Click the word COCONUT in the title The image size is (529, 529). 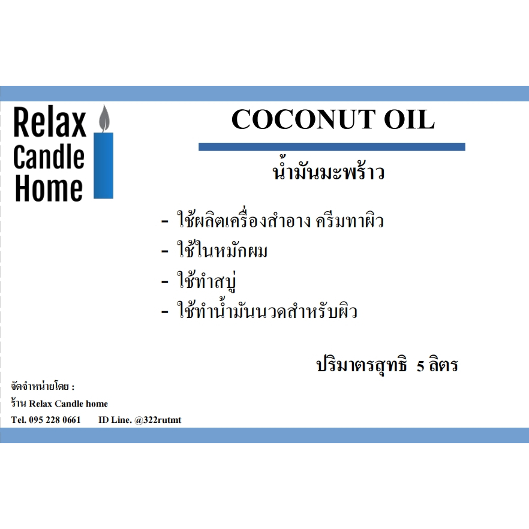pyautogui.click(x=303, y=119)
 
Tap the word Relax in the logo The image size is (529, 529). pyautogui.click(x=50, y=122)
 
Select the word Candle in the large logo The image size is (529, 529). pyautogui.click(x=49, y=157)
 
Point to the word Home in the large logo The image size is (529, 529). pyautogui.click(x=49, y=188)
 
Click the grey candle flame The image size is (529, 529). pyautogui.click(x=104, y=118)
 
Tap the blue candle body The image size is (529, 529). pyautogui.click(x=104, y=166)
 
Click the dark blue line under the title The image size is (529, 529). pyautogui.click(x=332, y=147)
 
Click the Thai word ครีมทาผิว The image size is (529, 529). pyautogui.click(x=350, y=221)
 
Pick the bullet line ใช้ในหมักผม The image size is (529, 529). pyautogui.click(x=223, y=250)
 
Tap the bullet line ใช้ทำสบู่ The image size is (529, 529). pyautogui.click(x=206, y=280)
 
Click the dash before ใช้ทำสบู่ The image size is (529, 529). pyautogui.click(x=164, y=282)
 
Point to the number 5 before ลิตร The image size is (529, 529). pyautogui.click(x=420, y=366)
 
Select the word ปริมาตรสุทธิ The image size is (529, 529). pyautogui.click(x=362, y=365)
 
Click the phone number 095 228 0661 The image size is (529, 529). pyautogui.click(x=55, y=420)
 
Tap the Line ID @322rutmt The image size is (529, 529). pyautogui.click(x=158, y=420)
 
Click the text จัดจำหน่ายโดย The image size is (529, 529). pyautogui.click(x=40, y=386)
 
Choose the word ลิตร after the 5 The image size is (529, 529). pyautogui.click(x=443, y=365)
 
